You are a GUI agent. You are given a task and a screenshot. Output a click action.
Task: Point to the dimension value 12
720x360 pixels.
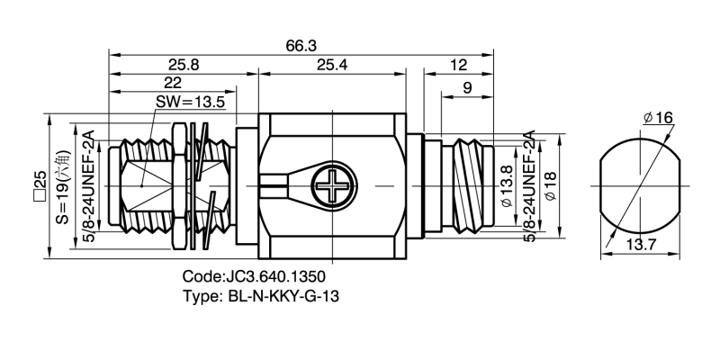click(459, 65)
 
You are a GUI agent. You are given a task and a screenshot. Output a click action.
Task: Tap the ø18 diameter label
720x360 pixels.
click(551, 189)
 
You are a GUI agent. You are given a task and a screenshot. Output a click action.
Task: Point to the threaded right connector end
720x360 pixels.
click(468, 187)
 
